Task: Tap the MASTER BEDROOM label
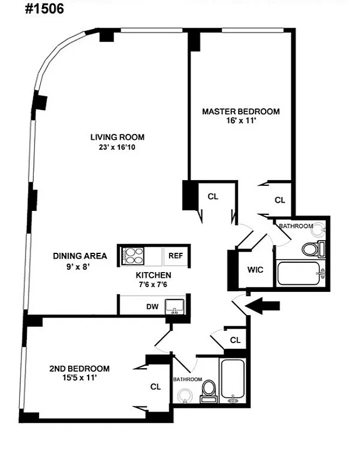click(x=241, y=111)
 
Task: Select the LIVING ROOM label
click(x=117, y=137)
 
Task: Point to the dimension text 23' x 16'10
click(x=117, y=147)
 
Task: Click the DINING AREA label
click(x=80, y=256)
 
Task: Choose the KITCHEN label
click(x=153, y=275)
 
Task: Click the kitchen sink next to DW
click(x=175, y=306)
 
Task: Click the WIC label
click(x=256, y=270)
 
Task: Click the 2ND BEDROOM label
click(x=79, y=368)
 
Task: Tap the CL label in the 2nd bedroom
click(x=156, y=386)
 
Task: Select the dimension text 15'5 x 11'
click(x=79, y=378)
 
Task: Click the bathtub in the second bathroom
click(x=234, y=380)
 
